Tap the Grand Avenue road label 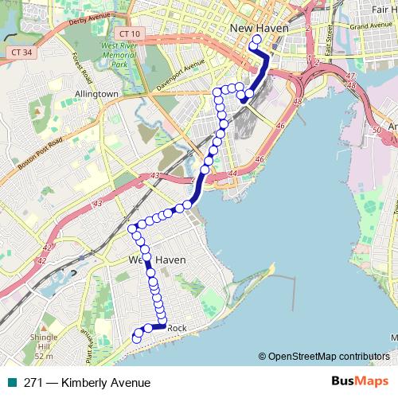pos(366,26)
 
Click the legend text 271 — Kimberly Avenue pos(87,382)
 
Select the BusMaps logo pos(360,381)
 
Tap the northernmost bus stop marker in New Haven pos(256,40)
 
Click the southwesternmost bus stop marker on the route pos(136,338)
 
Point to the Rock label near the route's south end pos(177,328)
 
